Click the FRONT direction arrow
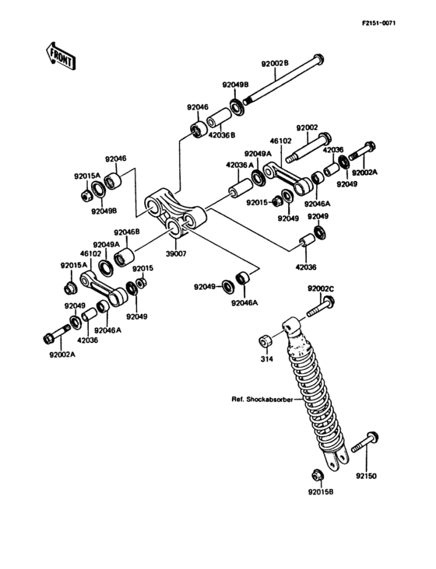(60, 56)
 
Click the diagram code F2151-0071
(378, 23)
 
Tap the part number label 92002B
(275, 64)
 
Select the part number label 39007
(176, 254)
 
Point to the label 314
(267, 359)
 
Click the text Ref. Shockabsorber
(262, 400)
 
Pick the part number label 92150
(366, 476)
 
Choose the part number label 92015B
(321, 492)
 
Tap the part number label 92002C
(321, 289)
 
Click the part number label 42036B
(221, 135)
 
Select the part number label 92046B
(127, 232)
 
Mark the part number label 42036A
(240, 165)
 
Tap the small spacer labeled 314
(265, 342)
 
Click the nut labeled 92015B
(316, 475)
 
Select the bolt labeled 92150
(364, 442)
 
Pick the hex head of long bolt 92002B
(318, 58)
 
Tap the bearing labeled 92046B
(124, 257)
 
